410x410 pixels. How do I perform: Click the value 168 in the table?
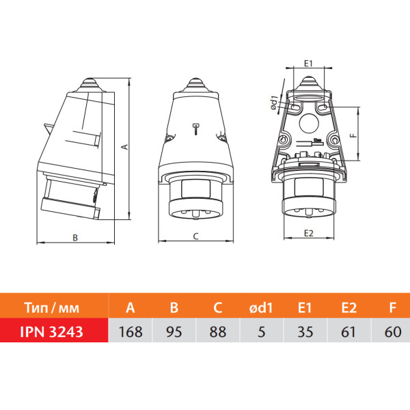131,332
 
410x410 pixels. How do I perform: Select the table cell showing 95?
174,332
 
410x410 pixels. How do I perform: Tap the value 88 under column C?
217,332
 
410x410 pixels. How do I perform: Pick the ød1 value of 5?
262,332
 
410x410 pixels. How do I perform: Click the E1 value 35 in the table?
305,332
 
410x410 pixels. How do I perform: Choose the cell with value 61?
348,332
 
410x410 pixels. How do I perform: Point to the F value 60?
393,332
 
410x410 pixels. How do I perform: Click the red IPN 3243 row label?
51,332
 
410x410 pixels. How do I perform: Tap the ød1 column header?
261,307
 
